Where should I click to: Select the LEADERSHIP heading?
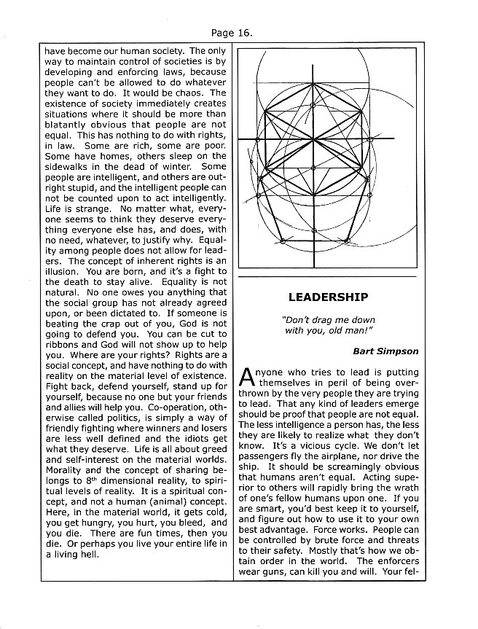pos(327,297)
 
